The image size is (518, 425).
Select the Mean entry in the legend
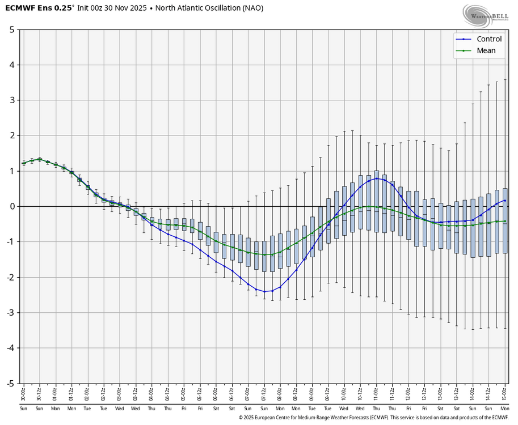[x=486, y=50]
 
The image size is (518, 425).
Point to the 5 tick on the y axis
[x=11, y=29]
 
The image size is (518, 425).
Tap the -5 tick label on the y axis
[x=10, y=383]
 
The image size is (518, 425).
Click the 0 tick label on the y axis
[x=11, y=206]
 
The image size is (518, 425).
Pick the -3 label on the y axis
[x=10, y=312]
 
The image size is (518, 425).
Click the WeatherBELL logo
[x=485, y=16]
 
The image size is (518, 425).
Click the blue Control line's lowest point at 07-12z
[x=264, y=291]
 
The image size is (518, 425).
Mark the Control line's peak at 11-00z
[x=377, y=178]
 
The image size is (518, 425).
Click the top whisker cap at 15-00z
[x=505, y=80]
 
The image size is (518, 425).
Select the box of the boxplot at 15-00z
[x=505, y=221]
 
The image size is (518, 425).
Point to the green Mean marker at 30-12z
[x=39, y=159]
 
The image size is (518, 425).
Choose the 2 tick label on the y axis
[x=11, y=135]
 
